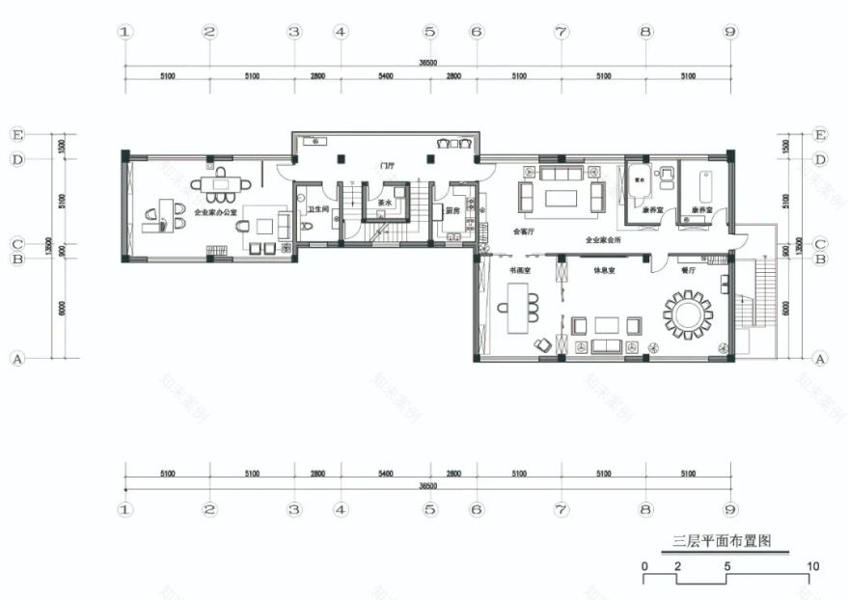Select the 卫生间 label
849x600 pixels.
pyautogui.click(x=317, y=209)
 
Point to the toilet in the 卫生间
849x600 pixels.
pyautogui.click(x=306, y=227)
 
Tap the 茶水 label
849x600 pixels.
pyautogui.click(x=384, y=204)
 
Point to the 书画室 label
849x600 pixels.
pyautogui.click(x=520, y=271)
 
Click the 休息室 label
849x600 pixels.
pyautogui.click(x=605, y=271)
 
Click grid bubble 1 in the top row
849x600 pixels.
pyautogui.click(x=123, y=32)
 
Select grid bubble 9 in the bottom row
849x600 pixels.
pyautogui.click(x=730, y=508)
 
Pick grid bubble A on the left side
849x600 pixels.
pyautogui.click(x=15, y=358)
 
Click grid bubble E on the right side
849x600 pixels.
pyautogui.click(x=820, y=134)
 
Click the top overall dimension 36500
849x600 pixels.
pyautogui.click(x=427, y=63)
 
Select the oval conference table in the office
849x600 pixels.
pyautogui.click(x=220, y=182)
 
